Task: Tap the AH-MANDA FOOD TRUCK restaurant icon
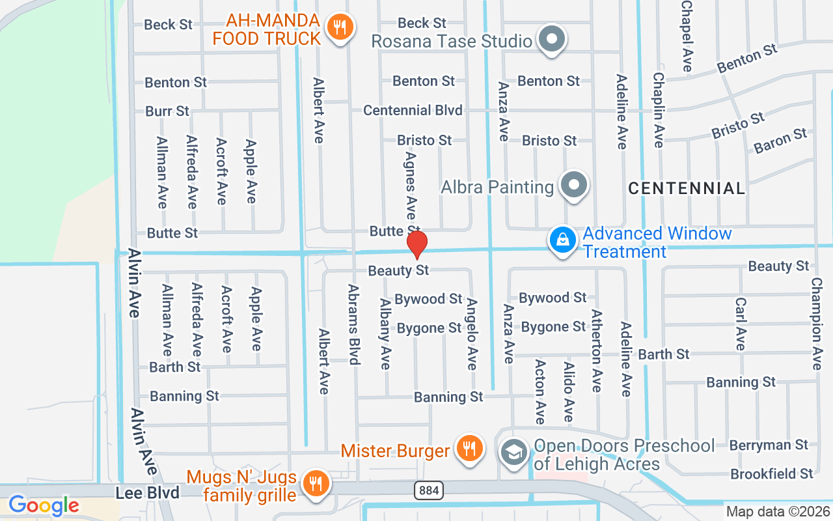339,27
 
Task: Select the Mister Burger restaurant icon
468,449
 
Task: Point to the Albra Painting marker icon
574,186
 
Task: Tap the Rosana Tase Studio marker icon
553,39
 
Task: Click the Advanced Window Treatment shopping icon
563,240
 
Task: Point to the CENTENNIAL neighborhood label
687,189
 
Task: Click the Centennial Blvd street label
413,110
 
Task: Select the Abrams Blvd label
354,324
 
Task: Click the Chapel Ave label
686,35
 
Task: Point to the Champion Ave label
817,324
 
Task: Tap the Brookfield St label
772,474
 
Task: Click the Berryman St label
769,445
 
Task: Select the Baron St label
780,141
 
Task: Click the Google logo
44,505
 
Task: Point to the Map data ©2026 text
778,512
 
